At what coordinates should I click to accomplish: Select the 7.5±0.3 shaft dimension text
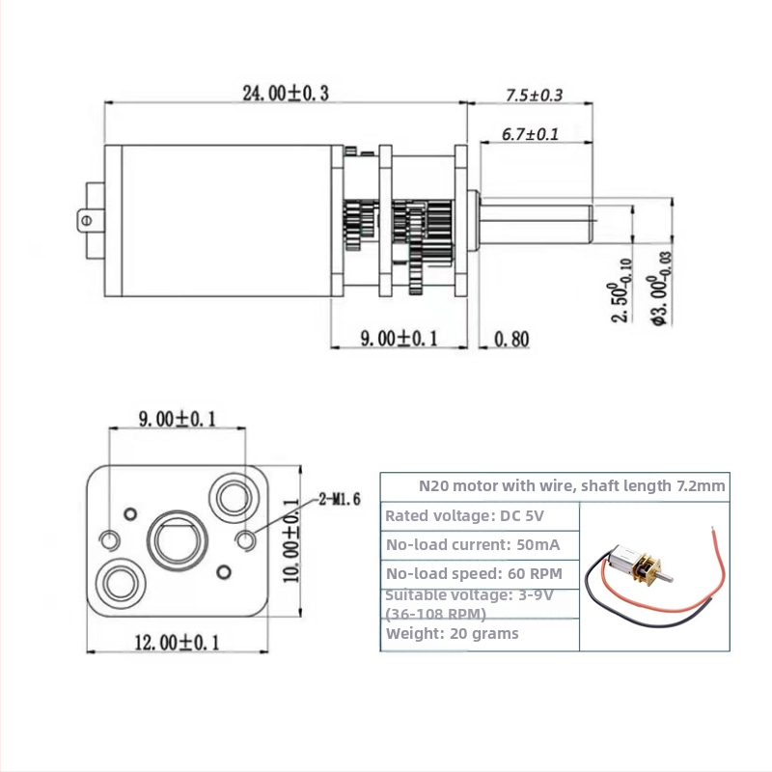[534, 96]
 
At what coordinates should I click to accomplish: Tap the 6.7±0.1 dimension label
[530, 134]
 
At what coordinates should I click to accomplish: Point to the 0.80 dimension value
[511, 339]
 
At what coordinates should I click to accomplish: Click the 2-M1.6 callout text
[339, 500]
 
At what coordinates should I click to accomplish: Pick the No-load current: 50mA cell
[472, 545]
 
